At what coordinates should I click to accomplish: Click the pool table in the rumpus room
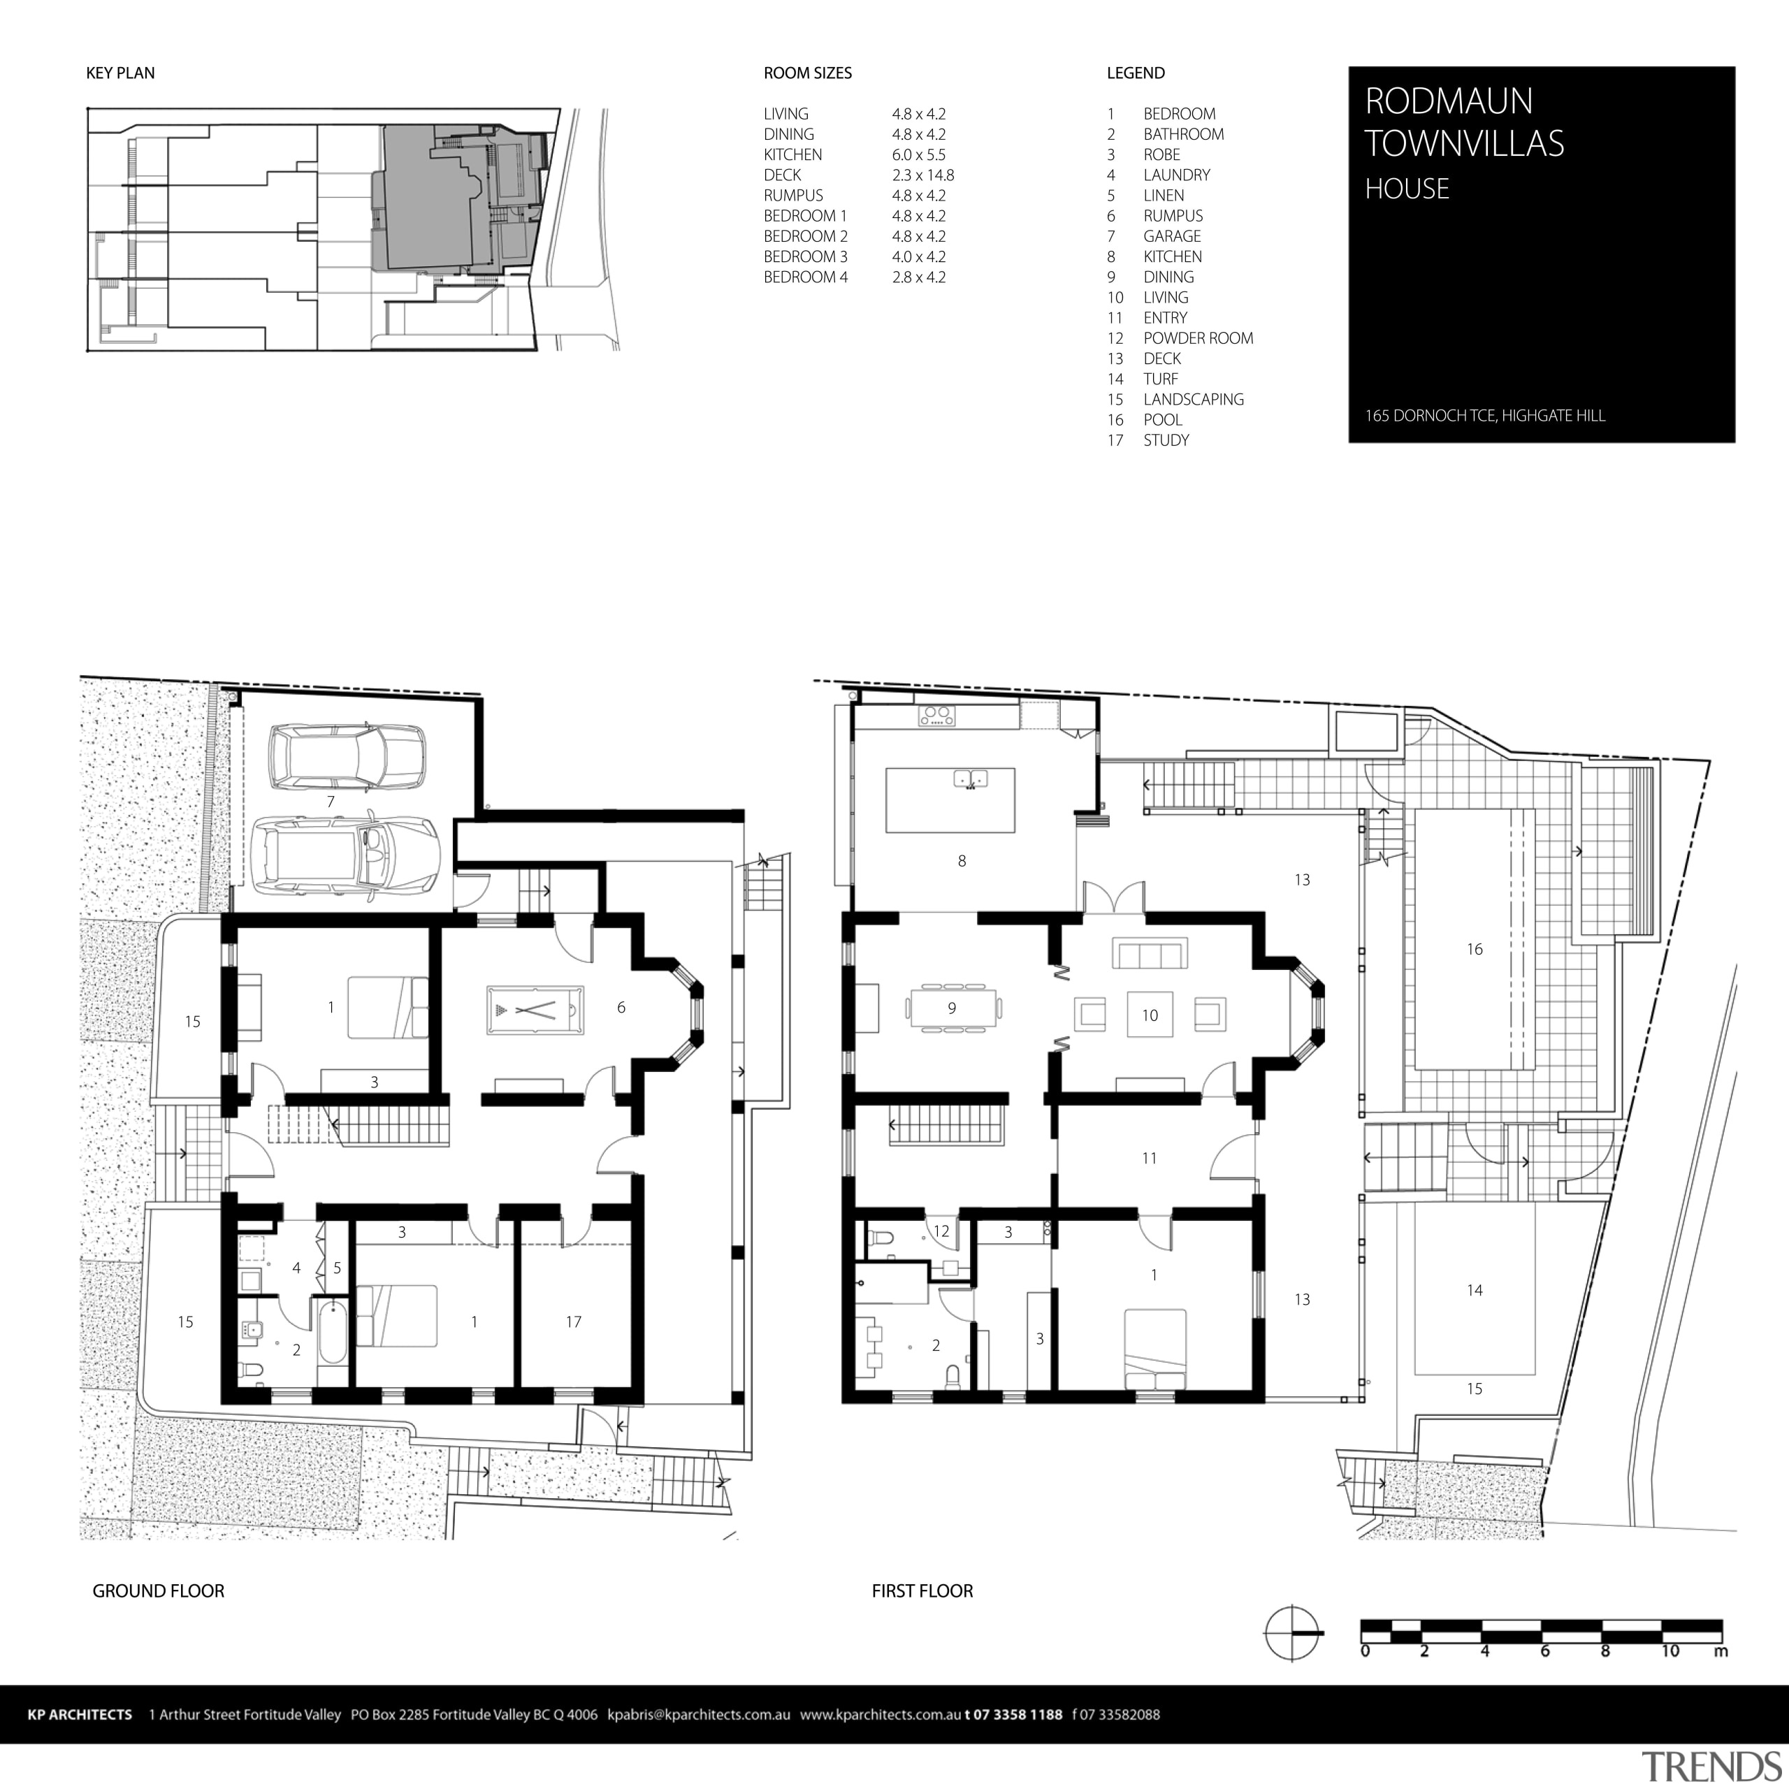click(x=535, y=1009)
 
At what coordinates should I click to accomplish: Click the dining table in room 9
click(x=953, y=1008)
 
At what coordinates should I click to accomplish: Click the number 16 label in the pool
click(x=1474, y=949)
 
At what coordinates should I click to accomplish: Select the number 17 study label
click(x=573, y=1322)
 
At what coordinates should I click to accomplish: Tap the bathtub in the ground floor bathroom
click(x=333, y=1333)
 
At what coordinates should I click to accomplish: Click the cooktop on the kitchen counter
click(x=936, y=715)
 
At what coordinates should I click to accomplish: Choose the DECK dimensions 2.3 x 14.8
click(x=922, y=175)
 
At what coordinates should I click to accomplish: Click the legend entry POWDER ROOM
click(x=1197, y=338)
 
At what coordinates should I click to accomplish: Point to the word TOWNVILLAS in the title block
click(x=1464, y=143)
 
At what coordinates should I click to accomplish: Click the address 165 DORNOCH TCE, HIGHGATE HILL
click(x=1484, y=416)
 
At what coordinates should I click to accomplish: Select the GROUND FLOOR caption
click(x=159, y=1591)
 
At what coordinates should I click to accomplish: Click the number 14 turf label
click(x=1474, y=1290)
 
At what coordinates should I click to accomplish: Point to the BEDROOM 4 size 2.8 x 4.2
click(x=918, y=277)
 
